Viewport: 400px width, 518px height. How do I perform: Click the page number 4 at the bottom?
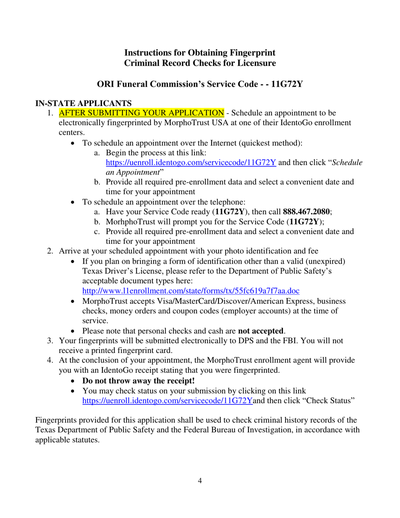200,481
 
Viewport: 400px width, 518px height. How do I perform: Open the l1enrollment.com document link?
191,291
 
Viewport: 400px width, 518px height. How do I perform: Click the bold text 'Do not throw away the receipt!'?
139,381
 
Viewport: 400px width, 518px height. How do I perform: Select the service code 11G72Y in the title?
287,84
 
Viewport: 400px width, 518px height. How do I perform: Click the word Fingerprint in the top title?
252,53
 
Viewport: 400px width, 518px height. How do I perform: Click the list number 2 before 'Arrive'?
50,251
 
